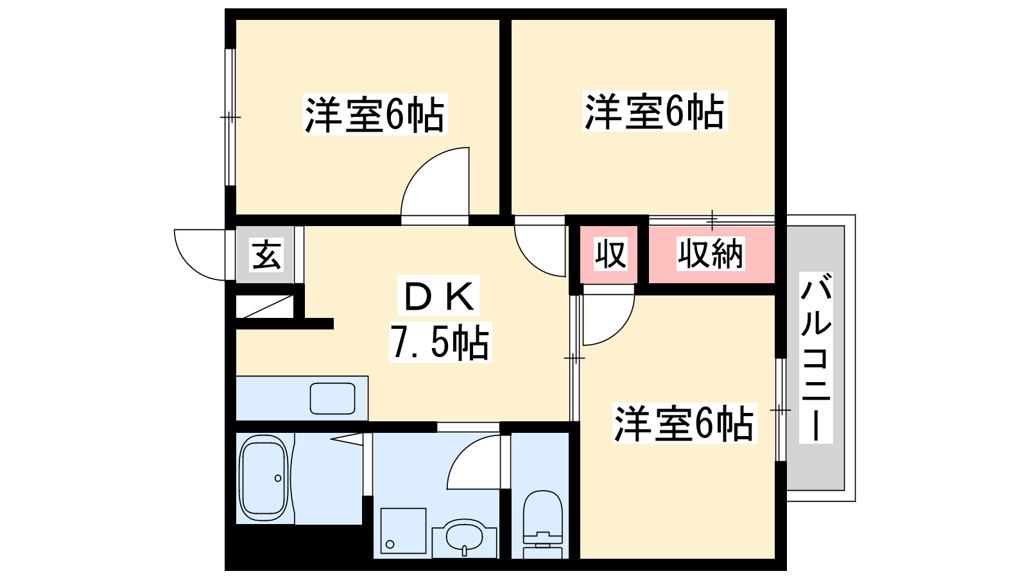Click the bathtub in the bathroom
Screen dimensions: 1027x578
tap(263, 478)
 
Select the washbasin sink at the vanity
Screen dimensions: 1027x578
tap(465, 538)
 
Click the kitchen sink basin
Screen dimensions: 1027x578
tap(332, 398)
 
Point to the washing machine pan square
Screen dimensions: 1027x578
tap(404, 530)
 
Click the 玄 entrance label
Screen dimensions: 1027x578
tap(266, 254)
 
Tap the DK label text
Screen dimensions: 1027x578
tap(438, 296)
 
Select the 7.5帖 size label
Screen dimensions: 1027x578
tap(440, 342)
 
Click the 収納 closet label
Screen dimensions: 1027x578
tap(711, 254)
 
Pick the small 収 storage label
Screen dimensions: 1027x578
tap(610, 254)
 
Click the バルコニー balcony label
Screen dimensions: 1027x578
tap(816, 357)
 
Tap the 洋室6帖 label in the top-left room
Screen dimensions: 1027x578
tap(375, 114)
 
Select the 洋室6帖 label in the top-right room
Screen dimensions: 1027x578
tap(655, 111)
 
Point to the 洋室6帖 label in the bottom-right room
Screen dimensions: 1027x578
tap(684, 423)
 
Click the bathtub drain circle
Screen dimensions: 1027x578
tap(278, 478)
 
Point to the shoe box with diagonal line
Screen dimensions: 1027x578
tap(264, 306)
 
